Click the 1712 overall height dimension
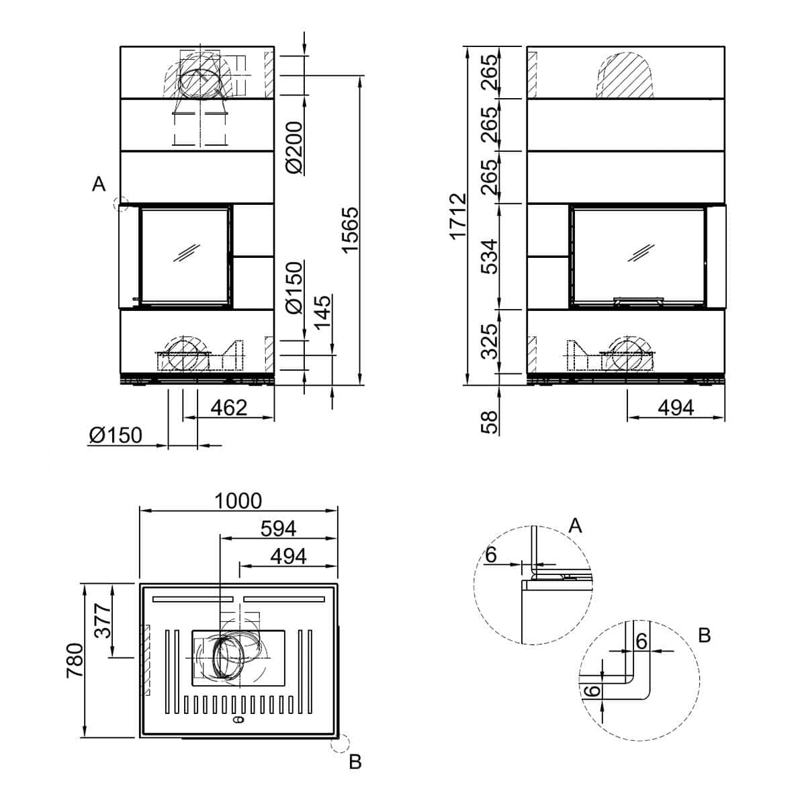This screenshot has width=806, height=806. pyautogui.click(x=458, y=216)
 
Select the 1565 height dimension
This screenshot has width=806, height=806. pyautogui.click(x=351, y=230)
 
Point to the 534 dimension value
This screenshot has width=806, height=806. pyautogui.click(x=490, y=257)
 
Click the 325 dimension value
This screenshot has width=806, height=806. pyautogui.click(x=490, y=341)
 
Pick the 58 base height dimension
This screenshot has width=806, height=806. pyautogui.click(x=490, y=422)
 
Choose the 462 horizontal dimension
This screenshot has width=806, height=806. pyautogui.click(x=229, y=408)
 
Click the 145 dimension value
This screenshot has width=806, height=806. pyautogui.click(x=323, y=312)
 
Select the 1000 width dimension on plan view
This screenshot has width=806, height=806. pyautogui.click(x=238, y=500)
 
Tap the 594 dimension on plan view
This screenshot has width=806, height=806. pyautogui.click(x=279, y=529)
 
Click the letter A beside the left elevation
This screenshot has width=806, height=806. pyautogui.click(x=99, y=183)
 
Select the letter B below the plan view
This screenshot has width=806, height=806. pyautogui.click(x=355, y=762)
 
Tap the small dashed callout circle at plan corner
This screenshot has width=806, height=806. pyautogui.click(x=339, y=744)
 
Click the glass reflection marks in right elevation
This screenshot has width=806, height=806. pyautogui.click(x=641, y=253)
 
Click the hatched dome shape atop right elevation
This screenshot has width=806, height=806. pyautogui.click(x=625, y=75)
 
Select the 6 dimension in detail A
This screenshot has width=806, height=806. pyautogui.click(x=490, y=555)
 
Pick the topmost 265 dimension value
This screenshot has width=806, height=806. pyautogui.click(x=490, y=71)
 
